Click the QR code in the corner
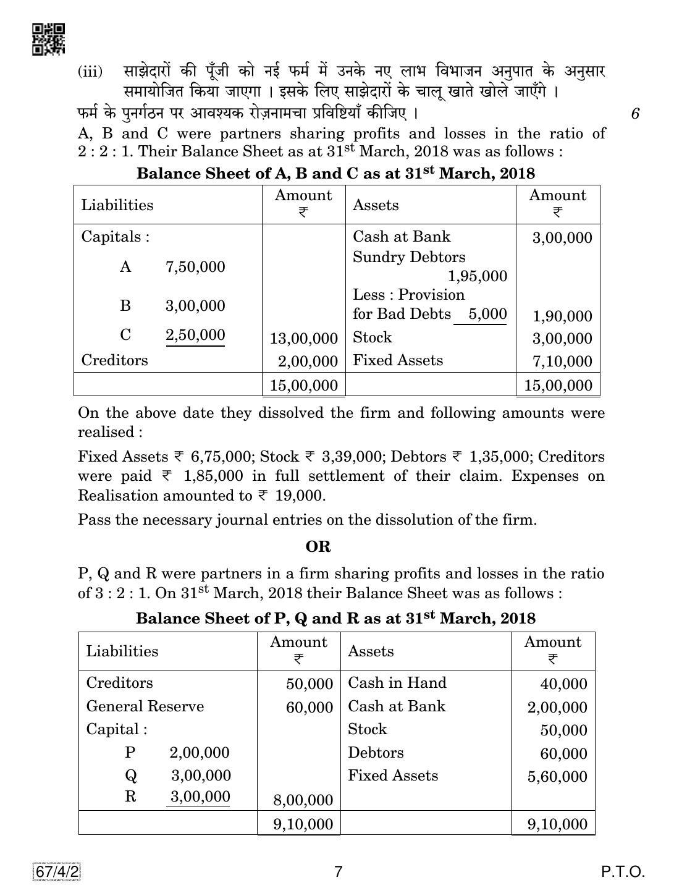48,40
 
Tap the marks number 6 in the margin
635,114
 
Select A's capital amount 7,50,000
195,267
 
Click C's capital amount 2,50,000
195,335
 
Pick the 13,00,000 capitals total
304,339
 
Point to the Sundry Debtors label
409,257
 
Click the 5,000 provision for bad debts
487,314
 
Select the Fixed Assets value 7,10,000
558,362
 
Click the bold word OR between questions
318,547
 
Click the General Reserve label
145,706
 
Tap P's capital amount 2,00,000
199,753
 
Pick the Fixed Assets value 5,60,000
557,777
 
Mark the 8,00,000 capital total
302,800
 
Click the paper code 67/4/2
55,871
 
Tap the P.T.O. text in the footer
623,872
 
